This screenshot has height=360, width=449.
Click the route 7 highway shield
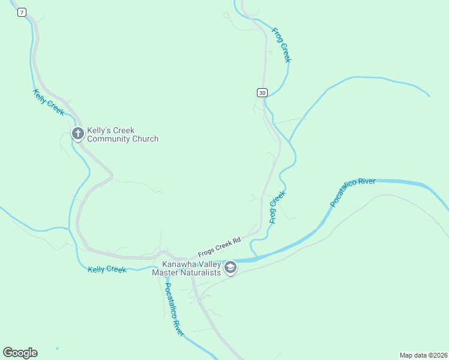click(22, 13)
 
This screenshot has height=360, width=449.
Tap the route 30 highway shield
click(262, 92)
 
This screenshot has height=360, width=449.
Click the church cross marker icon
click(77, 134)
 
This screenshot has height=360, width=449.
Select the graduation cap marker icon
click(231, 268)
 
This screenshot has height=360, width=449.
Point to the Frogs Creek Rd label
click(219, 247)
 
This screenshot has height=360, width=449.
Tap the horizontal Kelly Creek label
click(107, 269)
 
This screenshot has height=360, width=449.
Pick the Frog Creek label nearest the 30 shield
click(282, 45)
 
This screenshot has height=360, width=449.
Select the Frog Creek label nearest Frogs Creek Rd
click(277, 207)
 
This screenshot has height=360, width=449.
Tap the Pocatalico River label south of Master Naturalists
click(173, 309)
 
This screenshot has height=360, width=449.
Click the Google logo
click(20, 353)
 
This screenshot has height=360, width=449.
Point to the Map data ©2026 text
click(423, 355)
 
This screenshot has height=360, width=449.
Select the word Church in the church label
click(146, 139)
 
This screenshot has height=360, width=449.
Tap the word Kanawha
click(179, 264)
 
